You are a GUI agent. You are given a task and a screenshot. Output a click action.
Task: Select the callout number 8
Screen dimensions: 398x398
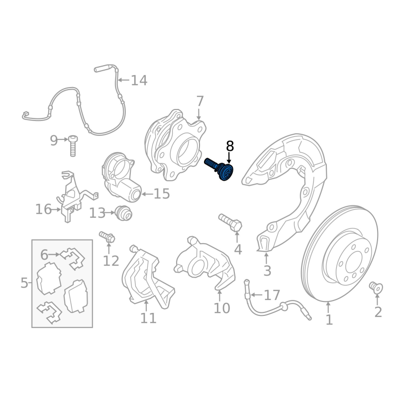coord(229,146)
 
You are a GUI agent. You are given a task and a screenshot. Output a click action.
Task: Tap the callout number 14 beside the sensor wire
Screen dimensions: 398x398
coord(139,80)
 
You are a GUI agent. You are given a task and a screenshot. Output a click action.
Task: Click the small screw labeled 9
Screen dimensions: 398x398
coord(73,146)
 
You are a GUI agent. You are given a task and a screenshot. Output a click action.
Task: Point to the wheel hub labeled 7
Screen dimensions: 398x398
coord(175,145)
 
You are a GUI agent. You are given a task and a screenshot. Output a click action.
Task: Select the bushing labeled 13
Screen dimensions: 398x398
coord(123,213)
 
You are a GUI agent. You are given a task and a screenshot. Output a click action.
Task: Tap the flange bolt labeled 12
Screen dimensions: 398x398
coord(107,236)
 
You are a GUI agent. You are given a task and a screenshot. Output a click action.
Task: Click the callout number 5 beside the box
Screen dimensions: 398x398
coord(24,283)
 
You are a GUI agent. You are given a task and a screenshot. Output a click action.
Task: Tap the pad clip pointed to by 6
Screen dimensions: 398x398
coord(73,258)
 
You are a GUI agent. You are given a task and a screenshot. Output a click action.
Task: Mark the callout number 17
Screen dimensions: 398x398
coord(272,295)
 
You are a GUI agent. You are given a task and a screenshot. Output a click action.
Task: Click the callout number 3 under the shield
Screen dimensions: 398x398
coord(267,271)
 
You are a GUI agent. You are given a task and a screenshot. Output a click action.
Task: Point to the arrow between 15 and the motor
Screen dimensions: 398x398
coord(147,194)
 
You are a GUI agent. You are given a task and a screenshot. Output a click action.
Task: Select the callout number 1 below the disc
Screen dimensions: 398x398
coord(329,319)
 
